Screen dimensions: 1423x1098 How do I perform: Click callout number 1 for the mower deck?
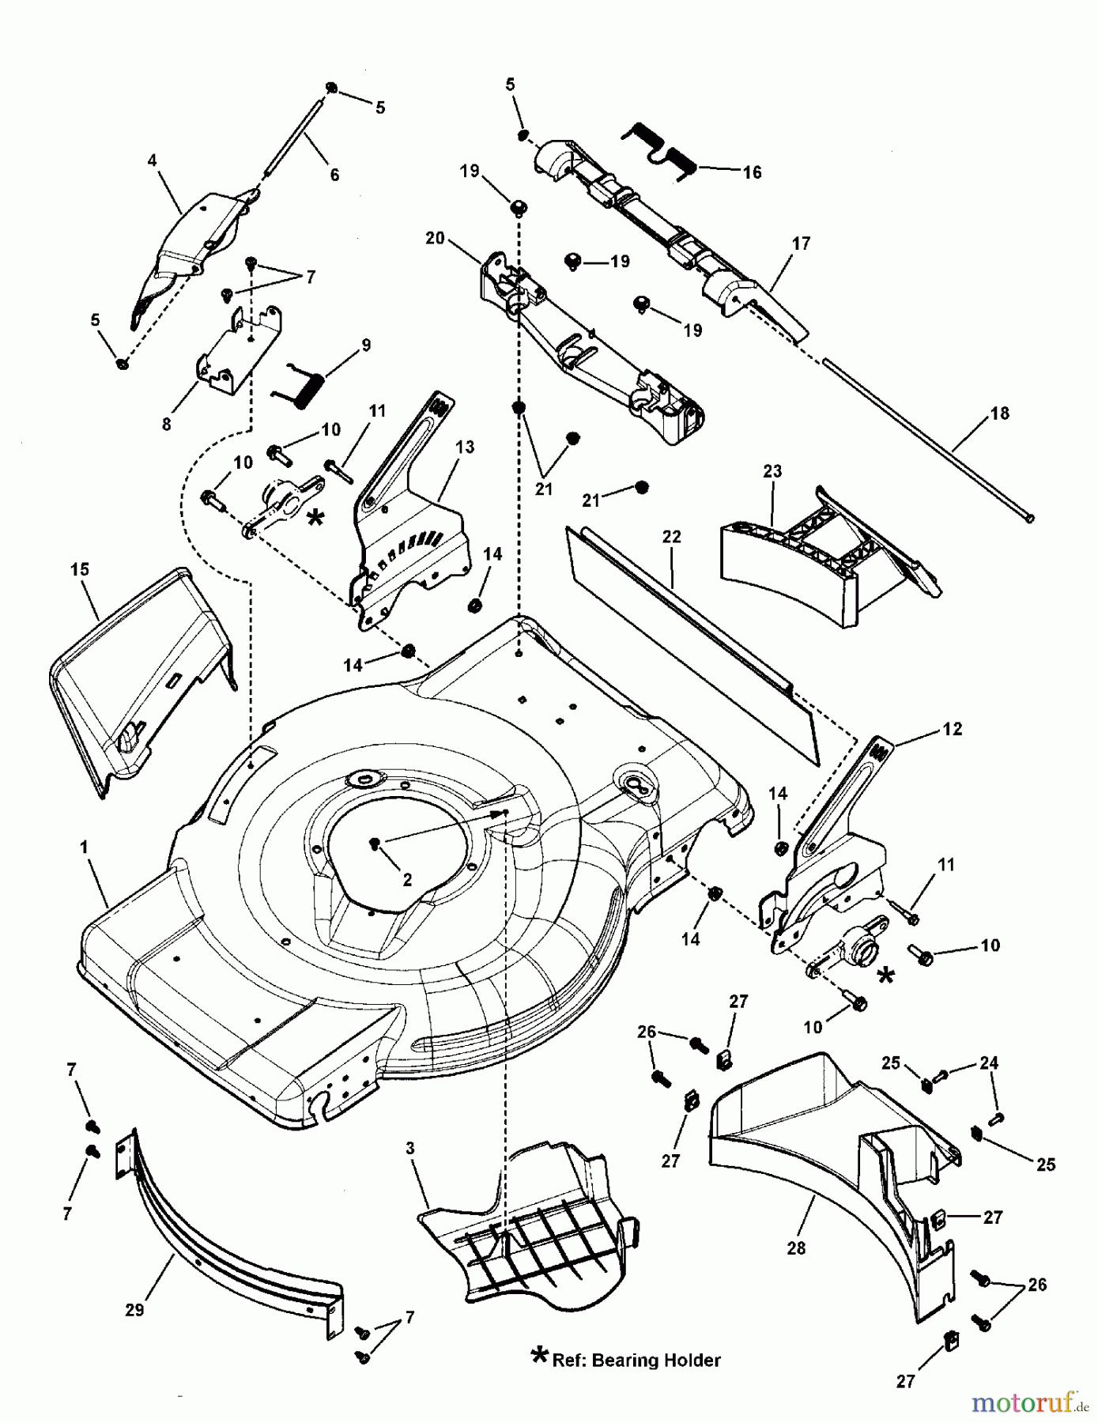84,847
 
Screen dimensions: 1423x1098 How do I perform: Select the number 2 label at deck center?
407,880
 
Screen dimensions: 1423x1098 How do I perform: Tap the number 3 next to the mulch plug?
410,1149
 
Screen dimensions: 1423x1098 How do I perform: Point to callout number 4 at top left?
152,161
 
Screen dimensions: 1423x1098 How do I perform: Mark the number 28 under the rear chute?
796,1248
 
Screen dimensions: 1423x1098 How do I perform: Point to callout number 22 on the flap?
671,537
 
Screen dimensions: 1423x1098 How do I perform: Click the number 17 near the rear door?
801,243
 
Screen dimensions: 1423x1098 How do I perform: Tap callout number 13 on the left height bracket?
465,447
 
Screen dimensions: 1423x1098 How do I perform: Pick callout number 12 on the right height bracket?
953,729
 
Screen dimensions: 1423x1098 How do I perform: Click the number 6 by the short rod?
334,175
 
